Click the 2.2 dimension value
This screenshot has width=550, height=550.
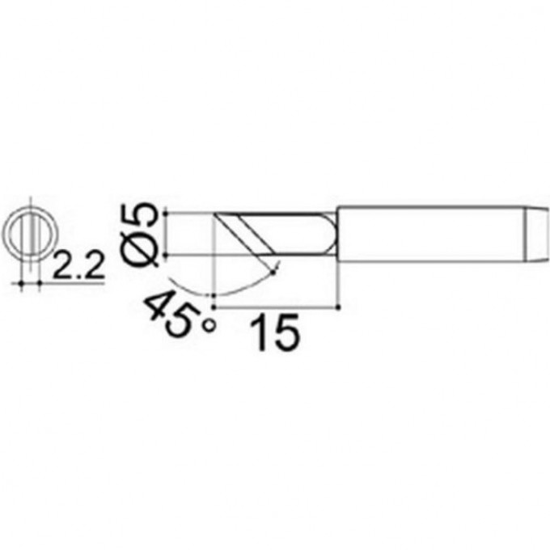click(78, 264)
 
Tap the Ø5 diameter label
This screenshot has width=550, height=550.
click(140, 235)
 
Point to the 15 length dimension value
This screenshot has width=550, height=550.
click(275, 332)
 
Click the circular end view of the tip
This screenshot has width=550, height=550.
click(29, 231)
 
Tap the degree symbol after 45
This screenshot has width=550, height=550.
click(209, 326)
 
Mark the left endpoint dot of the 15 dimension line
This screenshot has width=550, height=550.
click(214, 307)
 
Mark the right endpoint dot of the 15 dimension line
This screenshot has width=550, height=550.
click(338, 307)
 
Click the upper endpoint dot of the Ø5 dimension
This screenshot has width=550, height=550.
click(166, 213)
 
